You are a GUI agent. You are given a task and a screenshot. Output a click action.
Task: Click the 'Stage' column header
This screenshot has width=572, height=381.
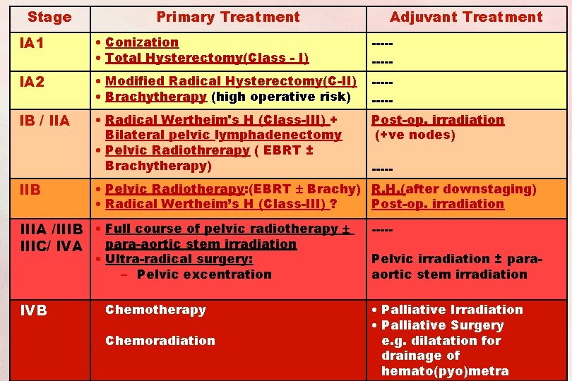(49, 17)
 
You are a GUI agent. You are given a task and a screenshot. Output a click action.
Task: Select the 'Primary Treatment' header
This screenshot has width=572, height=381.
(228, 17)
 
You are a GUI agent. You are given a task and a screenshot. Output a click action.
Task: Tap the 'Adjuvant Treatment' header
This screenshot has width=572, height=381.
(466, 17)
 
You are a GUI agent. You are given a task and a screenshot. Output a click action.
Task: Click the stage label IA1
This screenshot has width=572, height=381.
(32, 44)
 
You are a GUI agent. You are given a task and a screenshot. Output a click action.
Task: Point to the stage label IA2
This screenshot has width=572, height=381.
(32, 83)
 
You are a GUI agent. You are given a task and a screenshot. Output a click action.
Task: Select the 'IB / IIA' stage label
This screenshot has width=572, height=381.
(44, 121)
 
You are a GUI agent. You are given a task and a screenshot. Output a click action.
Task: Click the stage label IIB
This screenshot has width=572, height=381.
(30, 190)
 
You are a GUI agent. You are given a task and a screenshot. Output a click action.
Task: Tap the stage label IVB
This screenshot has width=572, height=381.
(33, 310)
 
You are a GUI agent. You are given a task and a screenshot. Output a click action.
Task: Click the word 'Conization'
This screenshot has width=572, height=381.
(142, 42)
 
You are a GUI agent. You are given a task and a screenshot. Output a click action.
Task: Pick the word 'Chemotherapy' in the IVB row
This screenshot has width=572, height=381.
(155, 310)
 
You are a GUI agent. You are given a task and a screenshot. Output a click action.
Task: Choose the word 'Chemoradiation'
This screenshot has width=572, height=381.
(160, 341)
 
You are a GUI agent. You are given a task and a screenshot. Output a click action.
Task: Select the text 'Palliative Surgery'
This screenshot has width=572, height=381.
(442, 325)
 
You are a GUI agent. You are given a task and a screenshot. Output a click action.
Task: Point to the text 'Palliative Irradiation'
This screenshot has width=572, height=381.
(452, 310)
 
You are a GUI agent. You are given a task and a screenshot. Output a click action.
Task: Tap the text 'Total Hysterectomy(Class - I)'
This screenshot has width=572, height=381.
(207, 58)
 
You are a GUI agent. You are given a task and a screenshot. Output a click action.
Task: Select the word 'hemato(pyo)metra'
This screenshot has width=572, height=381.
(445, 371)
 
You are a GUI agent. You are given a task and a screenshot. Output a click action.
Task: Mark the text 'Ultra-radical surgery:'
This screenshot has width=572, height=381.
(179, 259)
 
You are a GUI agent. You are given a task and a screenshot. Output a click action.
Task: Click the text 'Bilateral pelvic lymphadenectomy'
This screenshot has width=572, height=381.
(223, 135)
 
